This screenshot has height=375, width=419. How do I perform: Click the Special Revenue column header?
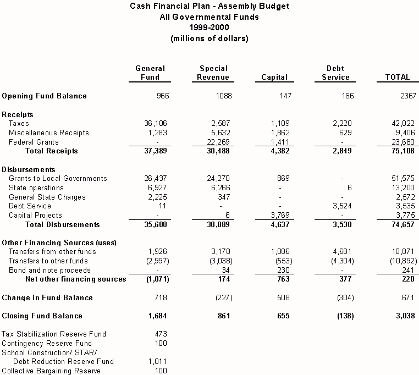[x=213, y=73]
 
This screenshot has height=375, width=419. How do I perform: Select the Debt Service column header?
[x=335, y=73]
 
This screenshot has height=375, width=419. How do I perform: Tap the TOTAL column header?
[x=397, y=78]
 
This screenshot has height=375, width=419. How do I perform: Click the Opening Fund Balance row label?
[x=45, y=96]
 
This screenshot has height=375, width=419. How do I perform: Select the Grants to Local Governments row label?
[x=58, y=179]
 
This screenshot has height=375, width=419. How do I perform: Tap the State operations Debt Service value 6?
[x=349, y=188]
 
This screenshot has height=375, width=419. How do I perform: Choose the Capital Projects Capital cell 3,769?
[x=278, y=216]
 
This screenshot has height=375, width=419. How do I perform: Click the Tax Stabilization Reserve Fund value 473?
[x=160, y=334]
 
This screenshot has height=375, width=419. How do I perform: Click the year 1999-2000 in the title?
[x=209, y=27]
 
